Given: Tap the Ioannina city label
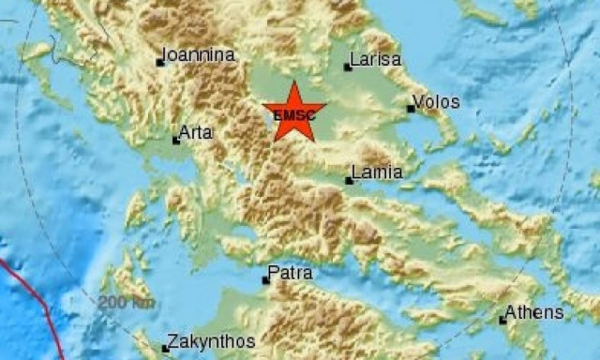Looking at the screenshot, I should pyautogui.click(x=199, y=55).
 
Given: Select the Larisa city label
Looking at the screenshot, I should pyautogui.click(x=375, y=60).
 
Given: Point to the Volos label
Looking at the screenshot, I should pyautogui.click(x=437, y=100).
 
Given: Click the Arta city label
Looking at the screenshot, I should pyautogui.click(x=196, y=133).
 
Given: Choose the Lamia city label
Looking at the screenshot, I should pyautogui.click(x=377, y=172).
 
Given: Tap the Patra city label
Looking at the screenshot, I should pyautogui.click(x=291, y=274).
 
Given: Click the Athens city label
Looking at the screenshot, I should pyautogui.click(x=534, y=312).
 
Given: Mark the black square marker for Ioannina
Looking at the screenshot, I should pyautogui.click(x=160, y=63).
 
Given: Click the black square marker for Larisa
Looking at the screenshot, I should pyautogui.click(x=348, y=67).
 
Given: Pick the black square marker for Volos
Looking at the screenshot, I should pyautogui.click(x=411, y=109).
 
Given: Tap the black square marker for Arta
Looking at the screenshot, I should pyautogui.click(x=176, y=141).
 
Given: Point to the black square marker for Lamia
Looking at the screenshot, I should pyautogui.click(x=349, y=180).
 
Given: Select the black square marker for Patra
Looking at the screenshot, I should pyautogui.click(x=265, y=280).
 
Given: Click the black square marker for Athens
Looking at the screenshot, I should pyautogui.click(x=502, y=321).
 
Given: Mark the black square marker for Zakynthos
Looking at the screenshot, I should pyautogui.click(x=165, y=349).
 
